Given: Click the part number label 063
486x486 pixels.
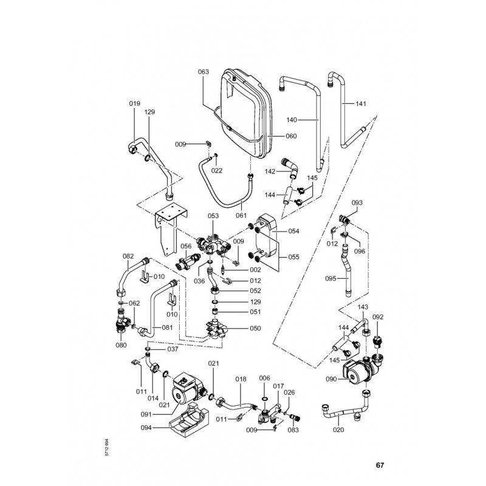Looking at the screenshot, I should pos(204,72).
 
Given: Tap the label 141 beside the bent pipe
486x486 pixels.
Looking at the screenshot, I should pos(361,104).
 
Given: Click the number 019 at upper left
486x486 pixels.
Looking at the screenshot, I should pos(134,104).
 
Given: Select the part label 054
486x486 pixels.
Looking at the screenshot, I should pos(293,231).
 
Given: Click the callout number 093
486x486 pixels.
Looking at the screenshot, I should pos(357,202).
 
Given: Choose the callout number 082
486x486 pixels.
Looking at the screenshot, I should pos(128,256).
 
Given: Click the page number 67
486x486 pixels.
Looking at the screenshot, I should pos(380,466).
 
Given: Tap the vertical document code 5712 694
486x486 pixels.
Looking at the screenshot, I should pos(108,448).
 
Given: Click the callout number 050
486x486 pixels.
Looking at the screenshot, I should pos(255,328).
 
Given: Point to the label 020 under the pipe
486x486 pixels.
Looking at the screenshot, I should pos(339,430).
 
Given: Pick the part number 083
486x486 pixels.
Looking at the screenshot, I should pos(293,430).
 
